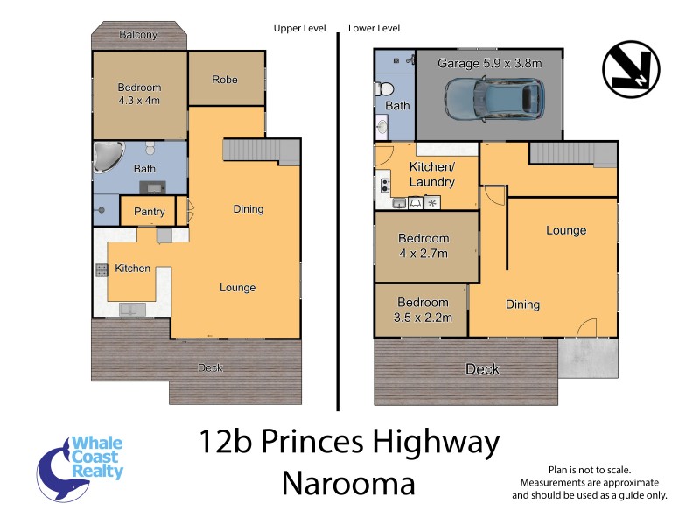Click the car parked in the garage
(494, 99)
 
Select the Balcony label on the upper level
(137, 35)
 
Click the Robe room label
(225, 80)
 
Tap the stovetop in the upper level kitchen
(101, 270)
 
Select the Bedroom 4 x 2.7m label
(423, 246)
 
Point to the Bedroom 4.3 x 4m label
(140, 94)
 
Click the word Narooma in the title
(348, 483)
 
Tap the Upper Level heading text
(299, 28)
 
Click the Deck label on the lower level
(482, 369)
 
